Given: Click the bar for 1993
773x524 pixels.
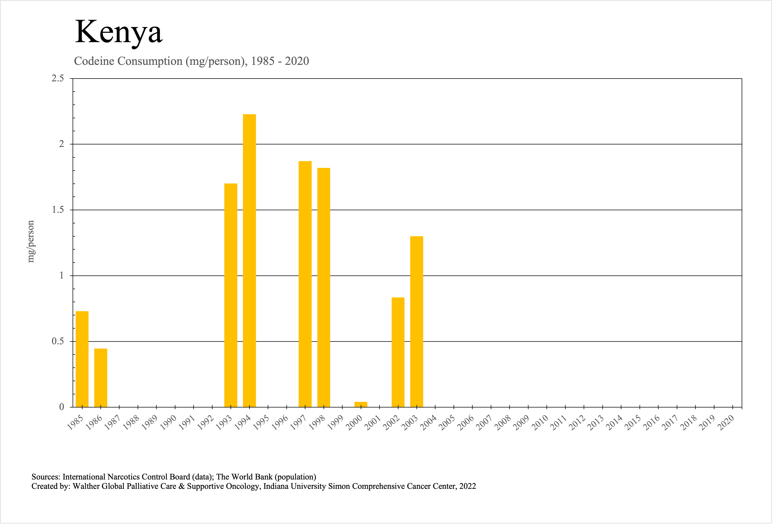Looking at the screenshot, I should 231,295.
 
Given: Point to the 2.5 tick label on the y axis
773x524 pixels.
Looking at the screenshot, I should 58,79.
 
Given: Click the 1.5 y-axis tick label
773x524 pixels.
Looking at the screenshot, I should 58,210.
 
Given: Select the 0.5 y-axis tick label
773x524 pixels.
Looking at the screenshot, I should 58,341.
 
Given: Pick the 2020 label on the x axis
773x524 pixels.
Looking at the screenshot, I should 726,423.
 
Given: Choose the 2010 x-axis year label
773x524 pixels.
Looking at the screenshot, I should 540,423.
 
